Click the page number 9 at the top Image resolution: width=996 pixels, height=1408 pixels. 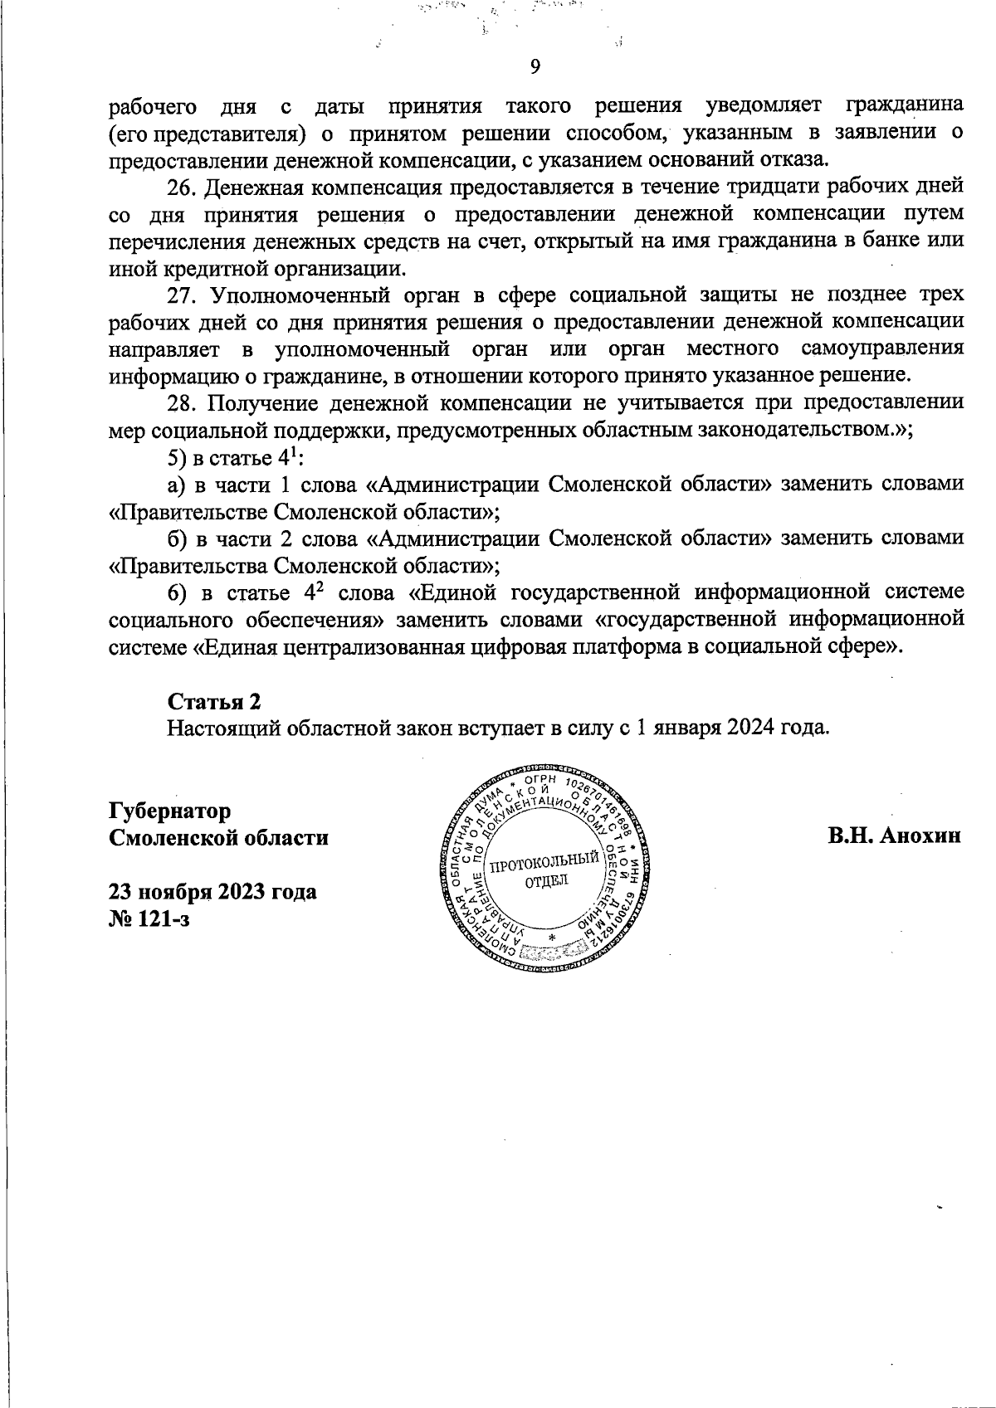535,67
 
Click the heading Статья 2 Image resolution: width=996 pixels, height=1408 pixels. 215,701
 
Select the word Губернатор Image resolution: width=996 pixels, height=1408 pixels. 170,810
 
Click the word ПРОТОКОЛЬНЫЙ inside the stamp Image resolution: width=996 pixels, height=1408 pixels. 545,864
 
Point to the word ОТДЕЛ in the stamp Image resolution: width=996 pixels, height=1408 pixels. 546,881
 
